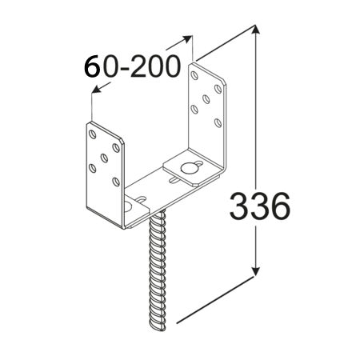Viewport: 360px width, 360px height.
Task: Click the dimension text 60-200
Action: [x=132, y=66]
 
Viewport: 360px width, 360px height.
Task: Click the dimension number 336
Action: [x=259, y=206]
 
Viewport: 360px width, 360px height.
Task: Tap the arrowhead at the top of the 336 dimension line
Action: [x=255, y=30]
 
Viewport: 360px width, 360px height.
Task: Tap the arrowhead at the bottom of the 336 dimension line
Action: [x=255, y=271]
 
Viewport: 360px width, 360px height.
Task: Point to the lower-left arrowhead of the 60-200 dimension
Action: [x=97, y=89]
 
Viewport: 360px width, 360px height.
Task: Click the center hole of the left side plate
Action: [x=104, y=158]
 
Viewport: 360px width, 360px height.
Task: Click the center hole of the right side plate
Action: [x=206, y=99]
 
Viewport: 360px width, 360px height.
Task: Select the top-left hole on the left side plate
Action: [x=92, y=134]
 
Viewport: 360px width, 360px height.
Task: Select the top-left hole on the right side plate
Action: [x=195, y=75]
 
